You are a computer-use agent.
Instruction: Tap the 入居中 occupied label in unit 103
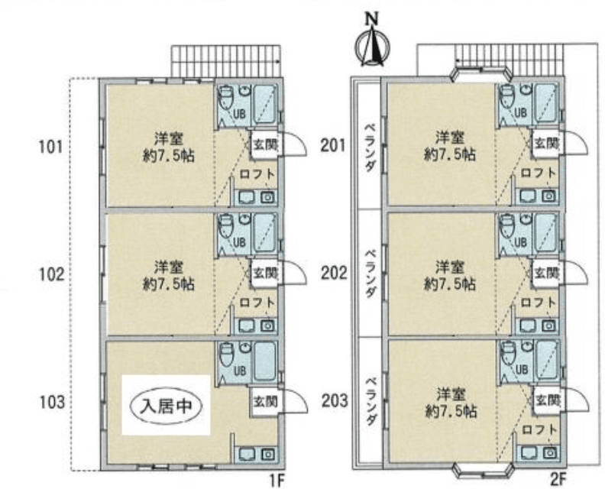pyautogui.click(x=166, y=406)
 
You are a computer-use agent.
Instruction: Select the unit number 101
pyautogui.click(x=50, y=147)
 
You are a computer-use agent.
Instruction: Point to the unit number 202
pyautogui.click(x=334, y=274)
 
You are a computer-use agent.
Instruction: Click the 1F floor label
pyautogui.click(x=277, y=481)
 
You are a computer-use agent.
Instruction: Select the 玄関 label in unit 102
pyautogui.click(x=266, y=274)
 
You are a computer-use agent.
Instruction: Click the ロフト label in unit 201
pyautogui.click(x=539, y=173)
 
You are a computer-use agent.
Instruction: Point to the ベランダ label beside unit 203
pyautogui.click(x=370, y=400)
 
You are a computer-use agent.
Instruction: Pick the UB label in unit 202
pyautogui.click(x=520, y=242)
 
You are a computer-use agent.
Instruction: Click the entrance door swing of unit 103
pyautogui.click(x=296, y=401)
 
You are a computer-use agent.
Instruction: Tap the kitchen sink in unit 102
pyautogui.click(x=246, y=326)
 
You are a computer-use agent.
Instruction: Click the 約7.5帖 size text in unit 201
pyautogui.click(x=450, y=155)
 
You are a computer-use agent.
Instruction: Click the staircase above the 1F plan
pyautogui.click(x=225, y=62)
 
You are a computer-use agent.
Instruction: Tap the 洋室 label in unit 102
pyautogui.click(x=169, y=267)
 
